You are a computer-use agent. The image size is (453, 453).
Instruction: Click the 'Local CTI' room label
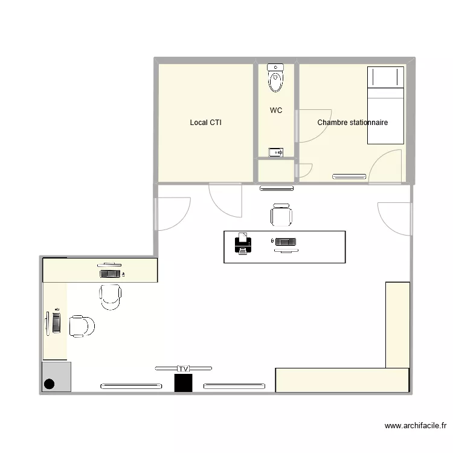click(x=206, y=123)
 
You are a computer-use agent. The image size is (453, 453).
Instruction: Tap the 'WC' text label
click(x=276, y=110)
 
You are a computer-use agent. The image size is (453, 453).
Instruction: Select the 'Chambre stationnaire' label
click(x=353, y=123)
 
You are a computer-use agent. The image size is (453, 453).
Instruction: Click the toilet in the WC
click(x=275, y=78)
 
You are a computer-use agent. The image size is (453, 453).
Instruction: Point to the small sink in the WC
click(x=275, y=152)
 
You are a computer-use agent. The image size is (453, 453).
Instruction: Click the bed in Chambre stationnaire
click(x=385, y=105)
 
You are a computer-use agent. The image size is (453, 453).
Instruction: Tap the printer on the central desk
click(x=243, y=243)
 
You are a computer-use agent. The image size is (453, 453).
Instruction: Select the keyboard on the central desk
click(x=286, y=242)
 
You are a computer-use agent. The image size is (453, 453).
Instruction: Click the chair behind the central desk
click(x=281, y=215)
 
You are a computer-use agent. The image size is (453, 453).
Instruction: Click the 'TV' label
click(x=184, y=368)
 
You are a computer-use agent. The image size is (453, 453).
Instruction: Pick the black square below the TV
click(x=184, y=383)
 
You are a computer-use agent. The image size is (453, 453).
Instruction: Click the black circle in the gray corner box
click(x=50, y=384)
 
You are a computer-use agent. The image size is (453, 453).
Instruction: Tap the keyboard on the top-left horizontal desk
click(x=110, y=274)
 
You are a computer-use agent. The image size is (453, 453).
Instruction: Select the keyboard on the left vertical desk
click(x=57, y=323)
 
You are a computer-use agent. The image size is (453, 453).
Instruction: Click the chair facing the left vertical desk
click(x=82, y=326)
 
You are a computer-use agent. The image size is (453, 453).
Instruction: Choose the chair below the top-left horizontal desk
click(x=111, y=297)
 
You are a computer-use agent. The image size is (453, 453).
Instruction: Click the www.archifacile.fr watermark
click(x=416, y=426)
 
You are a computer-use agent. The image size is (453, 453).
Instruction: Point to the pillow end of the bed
click(x=385, y=77)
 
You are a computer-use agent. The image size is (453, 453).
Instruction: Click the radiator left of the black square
click(x=131, y=387)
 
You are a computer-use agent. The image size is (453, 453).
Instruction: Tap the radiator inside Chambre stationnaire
click(x=349, y=176)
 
